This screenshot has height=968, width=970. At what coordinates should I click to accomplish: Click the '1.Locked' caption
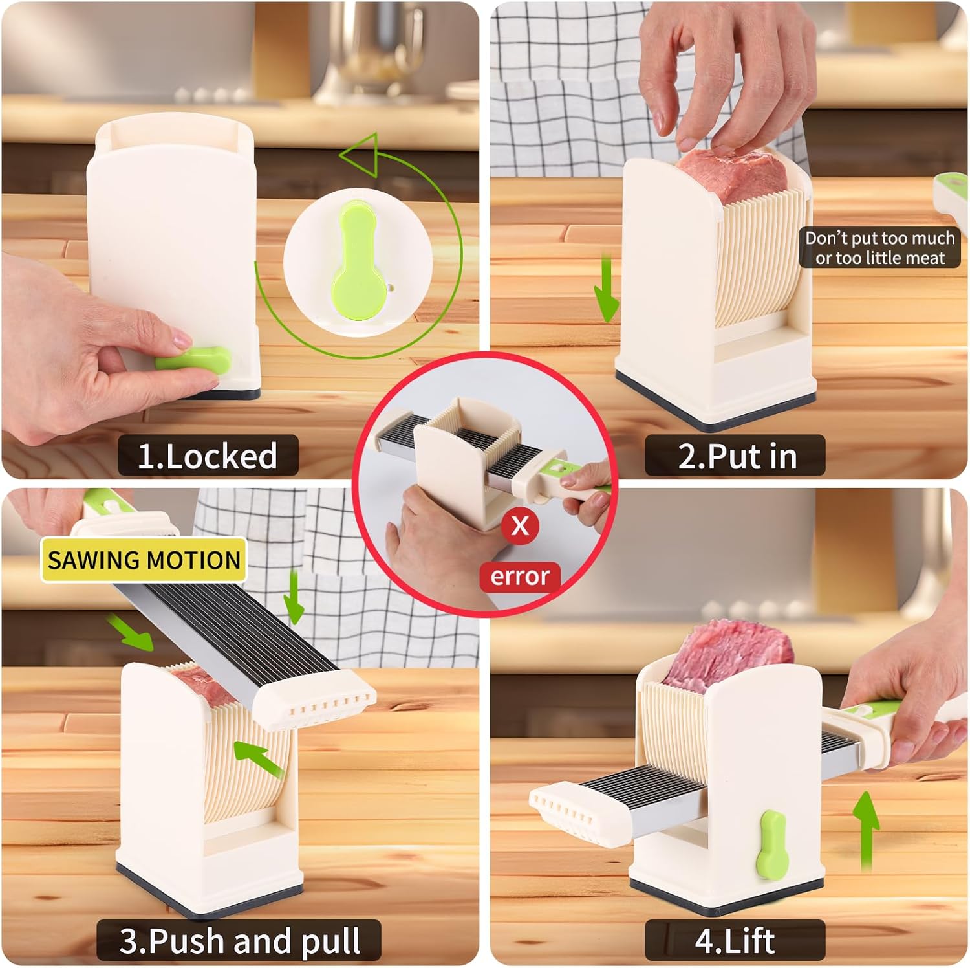(x=208, y=456)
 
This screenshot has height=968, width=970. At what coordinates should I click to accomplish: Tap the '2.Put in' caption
(x=737, y=456)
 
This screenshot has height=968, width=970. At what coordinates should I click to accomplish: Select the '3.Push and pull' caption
(x=239, y=940)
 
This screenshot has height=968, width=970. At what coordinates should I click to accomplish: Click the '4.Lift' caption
(x=735, y=940)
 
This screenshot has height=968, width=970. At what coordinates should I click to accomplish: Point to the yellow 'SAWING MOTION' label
(x=144, y=560)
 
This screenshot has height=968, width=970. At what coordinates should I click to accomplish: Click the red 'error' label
(x=520, y=576)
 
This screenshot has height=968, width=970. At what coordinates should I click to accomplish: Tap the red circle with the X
(x=520, y=525)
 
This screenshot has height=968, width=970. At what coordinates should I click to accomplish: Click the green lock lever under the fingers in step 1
(x=194, y=358)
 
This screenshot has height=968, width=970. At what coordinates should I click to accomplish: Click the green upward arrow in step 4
(x=866, y=831)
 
